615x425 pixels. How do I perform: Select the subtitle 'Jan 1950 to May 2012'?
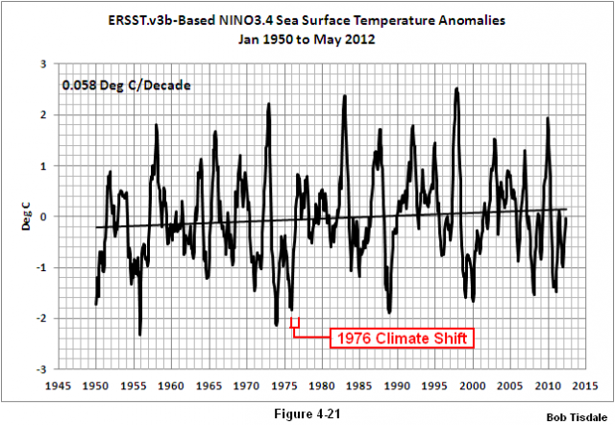(307, 40)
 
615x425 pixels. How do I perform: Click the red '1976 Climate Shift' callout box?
(404, 338)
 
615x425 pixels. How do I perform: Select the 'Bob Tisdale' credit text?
(577, 417)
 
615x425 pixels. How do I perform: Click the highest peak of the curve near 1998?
(456, 89)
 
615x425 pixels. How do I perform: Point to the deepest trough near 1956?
(140, 334)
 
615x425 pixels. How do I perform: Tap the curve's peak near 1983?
(343, 96)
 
